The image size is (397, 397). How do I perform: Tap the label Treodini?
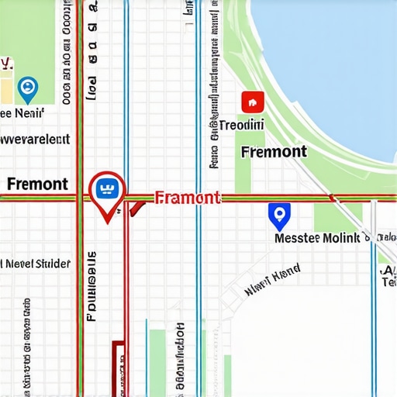[x=241, y=125]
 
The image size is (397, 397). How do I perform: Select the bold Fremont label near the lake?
[x=274, y=151]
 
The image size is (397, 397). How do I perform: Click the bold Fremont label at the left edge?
[x=36, y=184]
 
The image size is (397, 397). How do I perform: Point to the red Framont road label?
[x=188, y=198]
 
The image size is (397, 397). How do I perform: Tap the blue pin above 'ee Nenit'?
[x=27, y=88]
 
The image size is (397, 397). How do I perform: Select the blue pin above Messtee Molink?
[x=278, y=215]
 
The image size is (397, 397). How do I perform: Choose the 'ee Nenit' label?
[x=22, y=113]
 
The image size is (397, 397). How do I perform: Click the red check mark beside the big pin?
[x=136, y=207]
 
